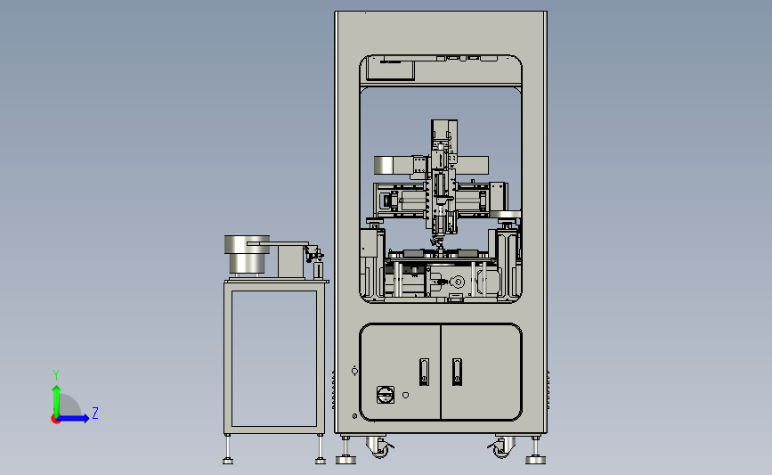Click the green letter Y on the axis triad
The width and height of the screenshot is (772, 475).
56,375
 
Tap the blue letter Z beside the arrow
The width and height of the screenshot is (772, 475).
95,413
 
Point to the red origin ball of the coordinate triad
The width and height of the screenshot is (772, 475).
55,419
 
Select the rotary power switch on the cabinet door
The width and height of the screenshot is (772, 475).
385,395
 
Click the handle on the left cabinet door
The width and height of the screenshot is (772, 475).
424,372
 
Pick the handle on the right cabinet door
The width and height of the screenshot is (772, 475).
457,372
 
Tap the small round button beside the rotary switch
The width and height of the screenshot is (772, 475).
405,395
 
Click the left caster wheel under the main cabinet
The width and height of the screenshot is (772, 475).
379,447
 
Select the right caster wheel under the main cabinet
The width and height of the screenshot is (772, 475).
501,447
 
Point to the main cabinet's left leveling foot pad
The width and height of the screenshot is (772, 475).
345,460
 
